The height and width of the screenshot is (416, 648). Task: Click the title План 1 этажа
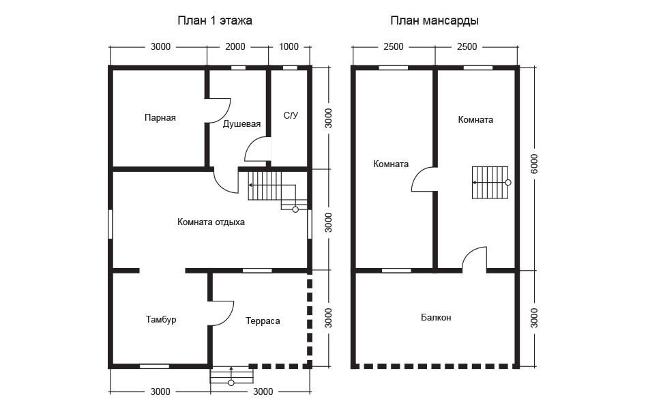(214, 20)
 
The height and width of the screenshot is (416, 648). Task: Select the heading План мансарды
(435, 20)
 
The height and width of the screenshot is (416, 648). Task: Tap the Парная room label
(160, 118)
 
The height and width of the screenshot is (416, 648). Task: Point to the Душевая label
(241, 124)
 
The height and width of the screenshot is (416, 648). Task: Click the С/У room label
(291, 115)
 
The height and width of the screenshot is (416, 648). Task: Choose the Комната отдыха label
(211, 222)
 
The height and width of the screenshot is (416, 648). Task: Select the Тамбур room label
(161, 320)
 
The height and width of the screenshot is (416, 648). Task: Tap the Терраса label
(263, 321)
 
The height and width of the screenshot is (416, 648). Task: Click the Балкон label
(436, 318)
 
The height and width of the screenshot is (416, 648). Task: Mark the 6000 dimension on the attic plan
(534, 164)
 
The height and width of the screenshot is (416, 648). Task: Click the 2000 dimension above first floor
(235, 46)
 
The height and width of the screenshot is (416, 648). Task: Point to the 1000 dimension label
(289, 46)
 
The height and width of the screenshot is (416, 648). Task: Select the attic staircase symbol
(491, 182)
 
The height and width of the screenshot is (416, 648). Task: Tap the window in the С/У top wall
(290, 68)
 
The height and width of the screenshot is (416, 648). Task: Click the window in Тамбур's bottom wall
(154, 366)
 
